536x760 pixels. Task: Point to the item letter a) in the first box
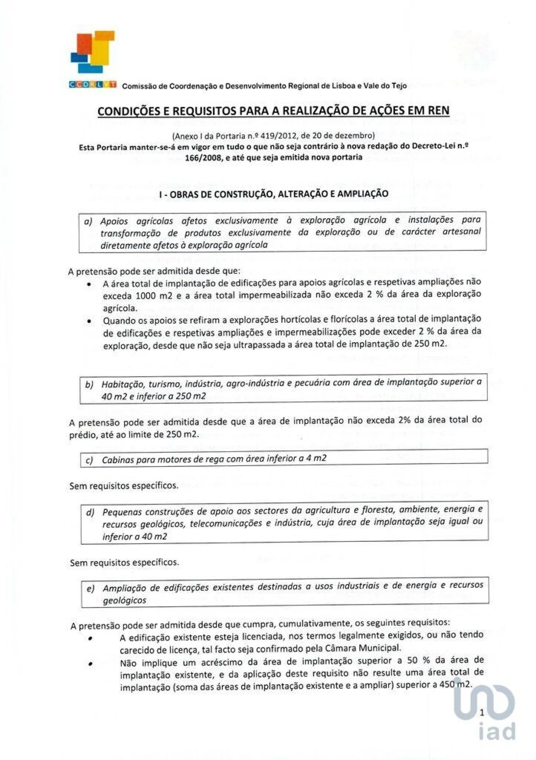(88, 221)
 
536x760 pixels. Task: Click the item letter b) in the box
(89, 384)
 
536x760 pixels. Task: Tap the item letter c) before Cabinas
(89, 461)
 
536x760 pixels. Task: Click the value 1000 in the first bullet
(145, 296)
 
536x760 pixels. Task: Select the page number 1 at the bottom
(482, 713)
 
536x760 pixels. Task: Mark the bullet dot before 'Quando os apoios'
(89, 322)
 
